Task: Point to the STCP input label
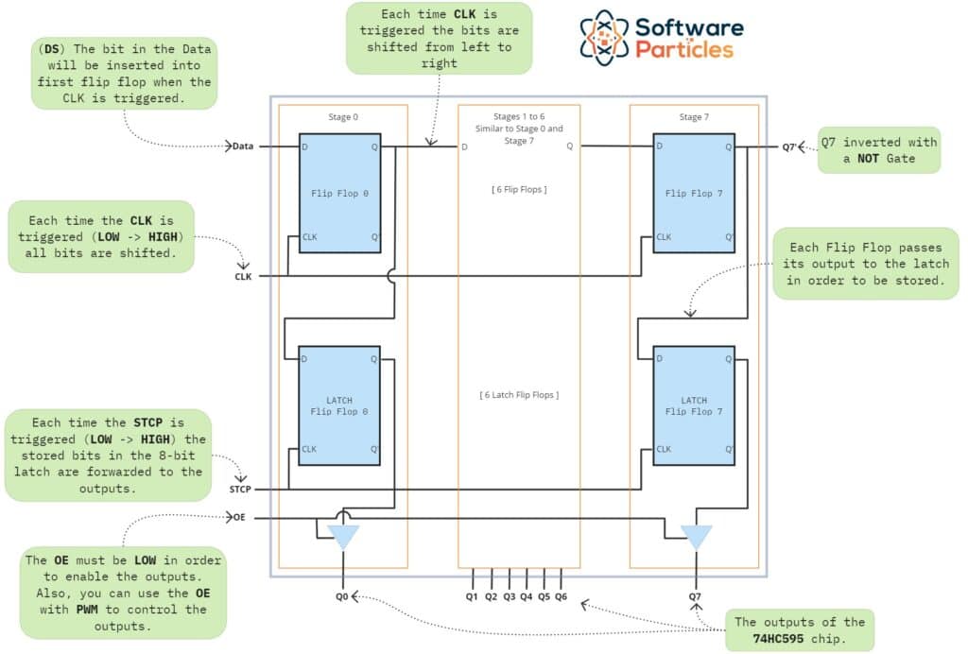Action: pyautogui.click(x=241, y=490)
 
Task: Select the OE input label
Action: pyautogui.click(x=239, y=518)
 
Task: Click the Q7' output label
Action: pyautogui.click(x=790, y=146)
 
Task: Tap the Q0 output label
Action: pyautogui.click(x=341, y=596)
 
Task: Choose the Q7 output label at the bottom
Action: pyautogui.click(x=695, y=596)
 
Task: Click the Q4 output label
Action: pyautogui.click(x=527, y=596)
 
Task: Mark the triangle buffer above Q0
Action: pyautogui.click(x=342, y=537)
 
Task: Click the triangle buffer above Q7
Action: pyautogui.click(x=697, y=537)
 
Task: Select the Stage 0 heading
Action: pyautogui.click(x=342, y=118)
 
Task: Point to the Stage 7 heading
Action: pyautogui.click(x=694, y=118)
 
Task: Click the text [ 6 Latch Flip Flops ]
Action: pyautogui.click(x=519, y=394)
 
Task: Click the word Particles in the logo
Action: pyautogui.click(x=684, y=48)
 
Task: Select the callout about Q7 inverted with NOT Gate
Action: pyautogui.click(x=879, y=150)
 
